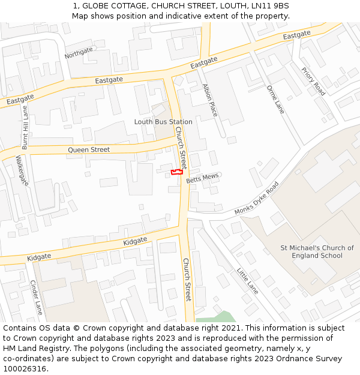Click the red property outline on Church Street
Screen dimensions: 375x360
(x=176, y=172)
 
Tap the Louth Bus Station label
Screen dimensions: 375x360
(x=163, y=122)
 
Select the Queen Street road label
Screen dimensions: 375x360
(x=89, y=149)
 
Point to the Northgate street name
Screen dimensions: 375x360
(x=79, y=53)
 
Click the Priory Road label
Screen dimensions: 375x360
(x=313, y=81)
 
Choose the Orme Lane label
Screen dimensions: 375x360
(x=275, y=99)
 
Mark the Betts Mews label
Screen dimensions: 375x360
(x=202, y=178)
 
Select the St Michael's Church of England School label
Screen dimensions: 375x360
(x=317, y=252)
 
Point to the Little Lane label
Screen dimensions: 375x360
(x=247, y=281)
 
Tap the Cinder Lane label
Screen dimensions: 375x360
(x=36, y=298)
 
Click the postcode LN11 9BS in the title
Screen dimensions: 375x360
(x=269, y=6)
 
